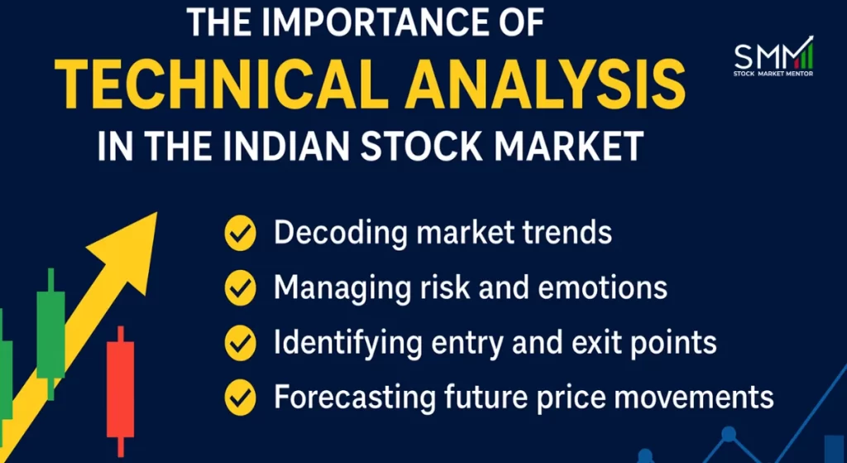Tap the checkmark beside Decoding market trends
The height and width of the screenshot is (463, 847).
tap(240, 234)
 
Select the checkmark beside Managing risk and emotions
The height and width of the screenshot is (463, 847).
tap(240, 287)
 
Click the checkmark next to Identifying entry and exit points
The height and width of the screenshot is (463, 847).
tap(240, 341)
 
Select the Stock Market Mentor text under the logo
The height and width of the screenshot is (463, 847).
tap(773, 74)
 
